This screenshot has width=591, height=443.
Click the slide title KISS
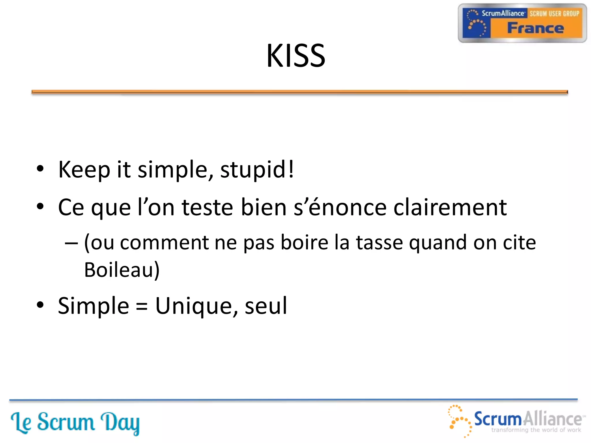coord(296,56)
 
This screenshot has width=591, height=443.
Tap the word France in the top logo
coord(535,28)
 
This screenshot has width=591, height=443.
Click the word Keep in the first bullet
coord(84,170)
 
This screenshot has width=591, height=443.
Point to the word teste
coord(207,207)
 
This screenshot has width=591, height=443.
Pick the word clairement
coord(450,207)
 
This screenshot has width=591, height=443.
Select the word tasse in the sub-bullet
coord(379,243)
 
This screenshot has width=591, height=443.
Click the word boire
coord(304,243)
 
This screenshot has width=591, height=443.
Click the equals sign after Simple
coord(142,307)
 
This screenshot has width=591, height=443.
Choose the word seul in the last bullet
coord(266,306)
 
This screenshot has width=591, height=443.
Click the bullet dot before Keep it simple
coord(40,169)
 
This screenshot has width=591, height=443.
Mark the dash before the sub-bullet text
coord(71,243)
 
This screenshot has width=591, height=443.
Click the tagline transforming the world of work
coord(536,430)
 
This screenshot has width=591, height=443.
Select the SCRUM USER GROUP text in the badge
coord(554,14)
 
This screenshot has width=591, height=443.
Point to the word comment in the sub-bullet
coord(164,243)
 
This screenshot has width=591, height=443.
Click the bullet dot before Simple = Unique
coord(40,305)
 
